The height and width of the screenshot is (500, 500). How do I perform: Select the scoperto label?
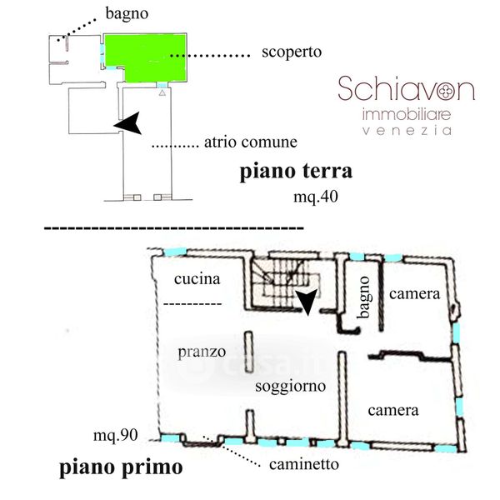click(290, 52)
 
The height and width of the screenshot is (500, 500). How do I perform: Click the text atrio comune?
click(250, 142)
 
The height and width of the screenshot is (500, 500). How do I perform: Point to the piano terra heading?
click(297, 172)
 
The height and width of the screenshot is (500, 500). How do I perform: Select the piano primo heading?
click(121, 467)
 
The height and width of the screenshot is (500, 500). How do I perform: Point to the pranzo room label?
click(202, 352)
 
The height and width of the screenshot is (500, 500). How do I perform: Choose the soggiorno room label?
click(290, 387)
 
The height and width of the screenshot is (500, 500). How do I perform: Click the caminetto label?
click(303, 463)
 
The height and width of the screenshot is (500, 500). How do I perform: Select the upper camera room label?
click(413, 293)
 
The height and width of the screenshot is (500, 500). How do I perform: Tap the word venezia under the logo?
click(407, 131)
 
